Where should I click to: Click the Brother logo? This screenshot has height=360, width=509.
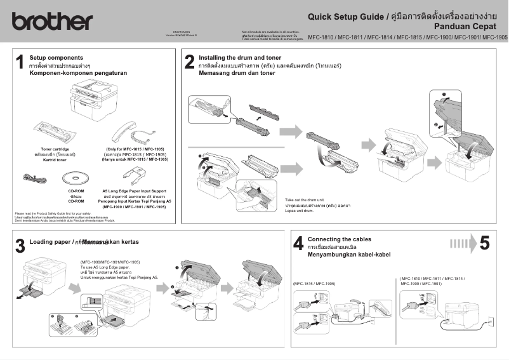click(51, 21)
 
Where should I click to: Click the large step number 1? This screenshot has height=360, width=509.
click(20, 62)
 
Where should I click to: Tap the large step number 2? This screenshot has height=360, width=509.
click(189, 62)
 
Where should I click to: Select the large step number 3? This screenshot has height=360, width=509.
click(20, 245)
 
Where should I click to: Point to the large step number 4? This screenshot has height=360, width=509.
click(298, 243)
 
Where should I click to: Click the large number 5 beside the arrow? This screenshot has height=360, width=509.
click(484, 243)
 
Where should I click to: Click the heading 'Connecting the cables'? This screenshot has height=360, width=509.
click(339, 239)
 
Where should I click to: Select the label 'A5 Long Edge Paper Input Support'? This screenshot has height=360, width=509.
click(135, 190)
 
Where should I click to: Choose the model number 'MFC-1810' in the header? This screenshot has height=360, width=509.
click(321, 37)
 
